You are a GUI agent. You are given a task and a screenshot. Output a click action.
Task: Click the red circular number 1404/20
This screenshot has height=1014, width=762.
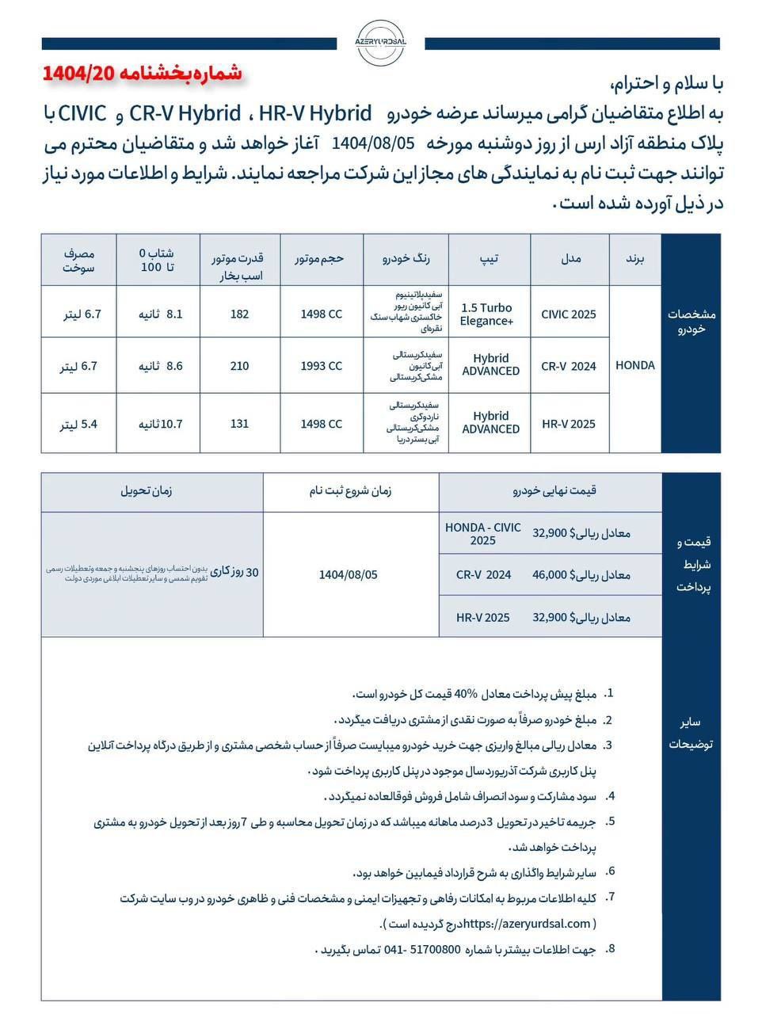tap(79, 74)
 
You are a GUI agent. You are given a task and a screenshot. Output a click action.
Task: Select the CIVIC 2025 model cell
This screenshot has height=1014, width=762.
tap(569, 314)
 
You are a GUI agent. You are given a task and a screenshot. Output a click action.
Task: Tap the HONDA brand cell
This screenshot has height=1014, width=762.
tap(635, 365)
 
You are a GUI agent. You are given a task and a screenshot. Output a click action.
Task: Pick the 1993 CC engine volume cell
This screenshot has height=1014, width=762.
tap(322, 366)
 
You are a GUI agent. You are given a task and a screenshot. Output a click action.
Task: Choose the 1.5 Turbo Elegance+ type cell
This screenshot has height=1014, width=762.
tap(487, 314)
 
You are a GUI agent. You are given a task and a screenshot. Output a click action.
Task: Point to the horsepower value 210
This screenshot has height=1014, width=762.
tap(239, 366)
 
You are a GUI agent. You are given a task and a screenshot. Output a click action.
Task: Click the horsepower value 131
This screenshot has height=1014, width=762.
tap(239, 424)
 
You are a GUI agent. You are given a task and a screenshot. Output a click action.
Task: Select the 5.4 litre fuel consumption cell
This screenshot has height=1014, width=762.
tap(79, 425)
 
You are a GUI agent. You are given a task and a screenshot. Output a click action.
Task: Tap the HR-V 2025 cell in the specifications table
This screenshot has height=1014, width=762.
tap(569, 424)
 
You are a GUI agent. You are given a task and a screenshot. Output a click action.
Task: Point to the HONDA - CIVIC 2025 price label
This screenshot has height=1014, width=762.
tap(483, 533)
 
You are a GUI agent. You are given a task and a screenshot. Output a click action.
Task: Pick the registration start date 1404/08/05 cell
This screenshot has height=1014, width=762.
tap(349, 575)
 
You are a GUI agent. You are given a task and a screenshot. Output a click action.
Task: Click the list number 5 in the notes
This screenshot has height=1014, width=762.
tap(611, 821)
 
